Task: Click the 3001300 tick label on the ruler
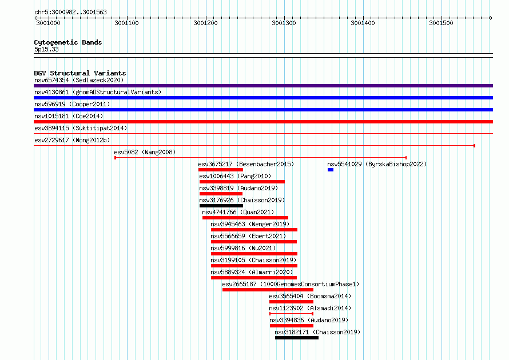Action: tap(284, 23)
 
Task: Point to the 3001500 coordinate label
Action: tap(441, 23)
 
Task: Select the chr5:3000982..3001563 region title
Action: tap(70, 13)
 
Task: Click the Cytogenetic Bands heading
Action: tap(68, 42)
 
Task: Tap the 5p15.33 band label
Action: tap(46, 49)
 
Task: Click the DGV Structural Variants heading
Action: tap(80, 73)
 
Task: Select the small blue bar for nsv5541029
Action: tap(331, 170)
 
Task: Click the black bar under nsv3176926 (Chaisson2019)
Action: tap(221, 206)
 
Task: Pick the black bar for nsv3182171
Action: tap(297, 338)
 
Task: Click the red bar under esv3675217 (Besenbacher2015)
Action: tap(221, 170)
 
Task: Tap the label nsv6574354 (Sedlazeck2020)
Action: tap(79, 80)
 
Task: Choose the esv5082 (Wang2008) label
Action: tap(145, 152)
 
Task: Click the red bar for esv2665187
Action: tap(268, 290)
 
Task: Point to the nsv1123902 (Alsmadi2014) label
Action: tap(310, 308)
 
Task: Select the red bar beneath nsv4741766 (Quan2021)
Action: tap(245, 218)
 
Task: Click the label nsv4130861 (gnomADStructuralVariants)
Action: tap(98, 92)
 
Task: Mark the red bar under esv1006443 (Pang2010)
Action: tap(242, 182)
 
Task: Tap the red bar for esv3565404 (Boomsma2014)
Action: tap(291, 302)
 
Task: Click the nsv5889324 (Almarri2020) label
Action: tap(252, 272)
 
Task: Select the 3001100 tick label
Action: tap(126, 23)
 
